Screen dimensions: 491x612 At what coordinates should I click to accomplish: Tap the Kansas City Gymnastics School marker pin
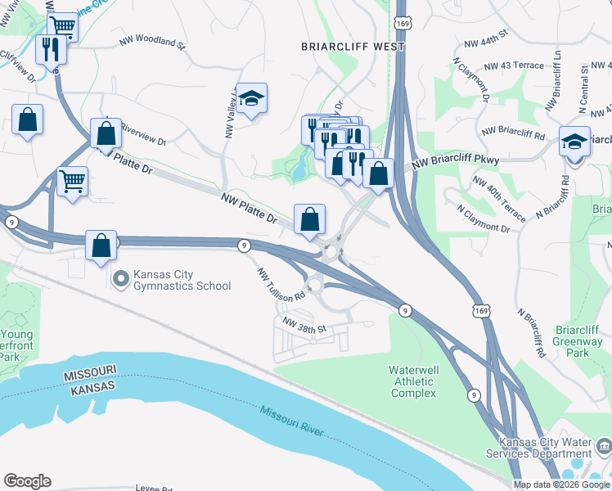121,280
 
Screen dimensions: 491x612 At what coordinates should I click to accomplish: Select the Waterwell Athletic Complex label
413,381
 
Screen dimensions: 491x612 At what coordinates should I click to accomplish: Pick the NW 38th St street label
304,328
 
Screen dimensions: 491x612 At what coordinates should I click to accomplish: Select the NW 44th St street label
485,39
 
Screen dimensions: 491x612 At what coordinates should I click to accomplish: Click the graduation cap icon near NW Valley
252,99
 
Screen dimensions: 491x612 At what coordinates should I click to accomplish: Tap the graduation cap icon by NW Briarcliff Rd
574,141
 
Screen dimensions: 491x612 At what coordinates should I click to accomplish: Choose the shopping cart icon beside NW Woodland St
62,28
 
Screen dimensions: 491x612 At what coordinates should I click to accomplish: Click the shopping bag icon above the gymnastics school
101,245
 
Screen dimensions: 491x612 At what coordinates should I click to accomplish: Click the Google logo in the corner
27,481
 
